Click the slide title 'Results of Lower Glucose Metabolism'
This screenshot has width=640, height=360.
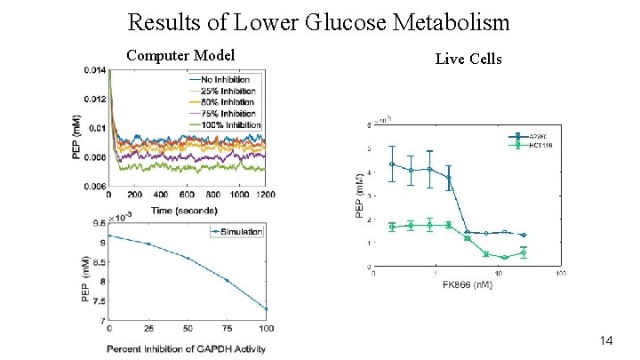pos(319,20)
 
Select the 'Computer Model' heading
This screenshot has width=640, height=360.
pos(180,55)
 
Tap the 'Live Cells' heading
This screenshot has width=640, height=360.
pos(468,59)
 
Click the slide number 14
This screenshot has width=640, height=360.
pos(608,340)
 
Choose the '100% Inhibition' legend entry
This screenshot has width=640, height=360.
pos(225,124)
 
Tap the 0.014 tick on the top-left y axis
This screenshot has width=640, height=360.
pos(95,69)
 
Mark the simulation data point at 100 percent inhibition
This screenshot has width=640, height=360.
pos(265,309)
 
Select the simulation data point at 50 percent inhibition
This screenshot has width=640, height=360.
pos(187,259)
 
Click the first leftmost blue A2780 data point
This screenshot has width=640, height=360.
pos(393,164)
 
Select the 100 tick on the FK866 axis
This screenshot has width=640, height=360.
pos(560,274)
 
